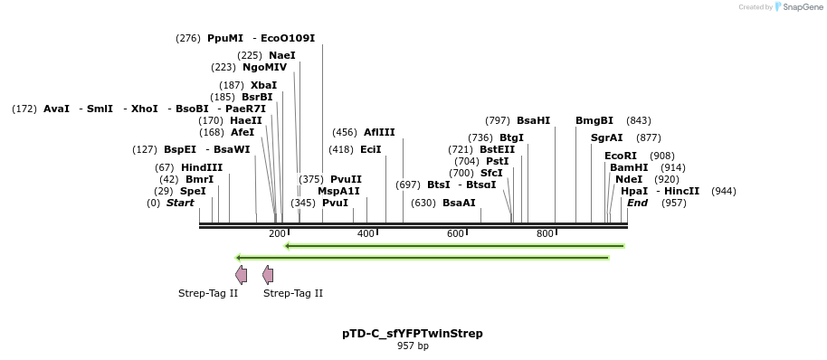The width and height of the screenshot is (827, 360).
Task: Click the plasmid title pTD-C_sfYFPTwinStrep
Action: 412,334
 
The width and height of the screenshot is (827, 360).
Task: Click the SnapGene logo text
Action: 803,7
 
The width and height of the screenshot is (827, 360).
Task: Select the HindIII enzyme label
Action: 202,167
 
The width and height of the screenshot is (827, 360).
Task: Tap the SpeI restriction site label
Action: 193,191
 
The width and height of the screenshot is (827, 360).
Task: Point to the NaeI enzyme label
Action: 281,55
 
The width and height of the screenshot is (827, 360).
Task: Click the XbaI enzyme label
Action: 264,85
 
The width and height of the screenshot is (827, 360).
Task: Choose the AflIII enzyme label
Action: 379,132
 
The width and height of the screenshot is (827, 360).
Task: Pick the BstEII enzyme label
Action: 497,149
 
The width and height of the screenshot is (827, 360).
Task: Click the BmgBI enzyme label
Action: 594,120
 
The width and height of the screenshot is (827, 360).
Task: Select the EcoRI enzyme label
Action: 621,156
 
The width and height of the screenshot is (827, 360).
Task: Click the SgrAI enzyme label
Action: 607,137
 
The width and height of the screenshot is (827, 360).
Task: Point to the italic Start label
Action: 180,203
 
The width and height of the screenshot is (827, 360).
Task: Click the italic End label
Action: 637,203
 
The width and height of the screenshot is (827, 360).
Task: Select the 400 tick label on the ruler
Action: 366,234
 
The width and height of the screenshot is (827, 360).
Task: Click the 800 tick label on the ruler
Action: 545,234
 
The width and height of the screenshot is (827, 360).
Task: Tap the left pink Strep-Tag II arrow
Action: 241,274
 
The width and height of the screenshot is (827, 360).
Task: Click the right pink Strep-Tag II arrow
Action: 268,274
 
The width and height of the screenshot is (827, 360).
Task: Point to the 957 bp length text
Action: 412,346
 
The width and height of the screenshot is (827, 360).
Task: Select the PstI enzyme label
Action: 497,161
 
